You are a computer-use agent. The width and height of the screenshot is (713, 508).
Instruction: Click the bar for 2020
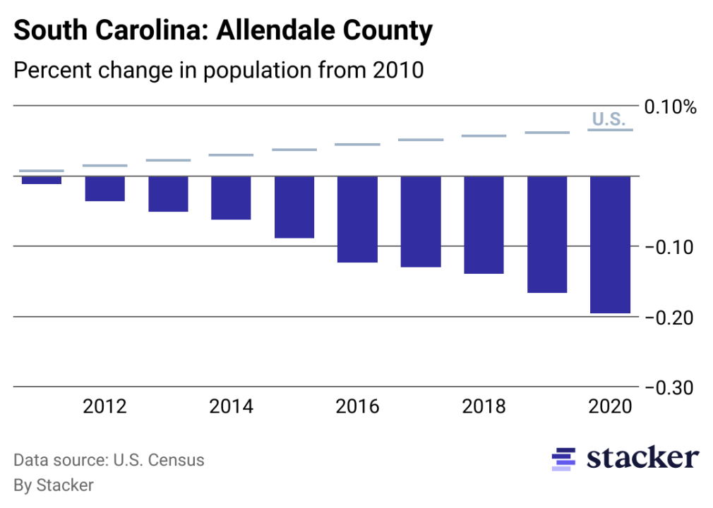pyautogui.click(x=610, y=244)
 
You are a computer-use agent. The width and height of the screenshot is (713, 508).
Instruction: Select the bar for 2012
pyautogui.click(x=105, y=188)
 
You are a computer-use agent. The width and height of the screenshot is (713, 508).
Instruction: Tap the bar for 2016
pyautogui.click(x=357, y=219)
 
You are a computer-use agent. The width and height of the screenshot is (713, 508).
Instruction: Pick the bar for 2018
pyautogui.click(x=484, y=224)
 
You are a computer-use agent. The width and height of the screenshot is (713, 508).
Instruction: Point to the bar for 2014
pyautogui.click(x=231, y=198)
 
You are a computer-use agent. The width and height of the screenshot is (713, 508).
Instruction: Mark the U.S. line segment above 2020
pyautogui.click(x=610, y=130)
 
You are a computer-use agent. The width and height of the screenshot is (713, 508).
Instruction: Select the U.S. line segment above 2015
pyautogui.click(x=294, y=150)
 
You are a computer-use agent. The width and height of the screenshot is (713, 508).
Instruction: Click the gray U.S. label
pyautogui.click(x=608, y=119)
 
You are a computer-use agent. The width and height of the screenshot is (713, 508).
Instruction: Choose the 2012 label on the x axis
pyautogui.click(x=105, y=407)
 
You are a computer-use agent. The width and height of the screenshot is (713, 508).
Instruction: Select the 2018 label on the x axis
pyautogui.click(x=484, y=407)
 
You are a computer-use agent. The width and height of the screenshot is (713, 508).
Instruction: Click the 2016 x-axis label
pyautogui.click(x=357, y=407)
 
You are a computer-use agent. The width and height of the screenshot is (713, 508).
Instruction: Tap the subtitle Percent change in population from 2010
pyautogui.click(x=219, y=71)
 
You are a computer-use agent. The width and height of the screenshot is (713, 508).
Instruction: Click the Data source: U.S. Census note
pyautogui.click(x=109, y=461)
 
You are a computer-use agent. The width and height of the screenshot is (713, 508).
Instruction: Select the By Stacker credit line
pyautogui.click(x=54, y=485)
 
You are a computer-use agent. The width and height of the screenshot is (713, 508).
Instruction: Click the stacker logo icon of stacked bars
pyautogui.click(x=563, y=459)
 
